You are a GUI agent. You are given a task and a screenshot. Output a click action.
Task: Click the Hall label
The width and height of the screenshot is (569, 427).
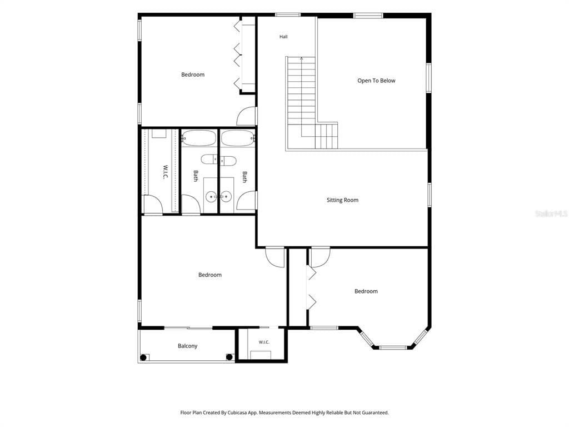[283, 37]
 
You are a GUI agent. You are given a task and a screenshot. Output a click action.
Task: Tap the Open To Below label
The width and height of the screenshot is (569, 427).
[376, 81]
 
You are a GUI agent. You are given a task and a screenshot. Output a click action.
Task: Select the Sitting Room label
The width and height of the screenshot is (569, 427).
[342, 200]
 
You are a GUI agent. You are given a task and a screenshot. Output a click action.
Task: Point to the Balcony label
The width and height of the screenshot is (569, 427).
[187, 346]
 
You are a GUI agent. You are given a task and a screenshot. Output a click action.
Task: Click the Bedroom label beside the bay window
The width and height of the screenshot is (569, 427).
[366, 291]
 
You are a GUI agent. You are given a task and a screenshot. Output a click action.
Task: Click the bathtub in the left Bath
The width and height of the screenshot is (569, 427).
[199, 138]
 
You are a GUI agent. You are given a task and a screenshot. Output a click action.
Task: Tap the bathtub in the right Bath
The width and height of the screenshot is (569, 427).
[238, 138]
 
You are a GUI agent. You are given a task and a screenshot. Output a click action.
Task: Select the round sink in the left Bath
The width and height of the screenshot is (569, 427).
[211, 197]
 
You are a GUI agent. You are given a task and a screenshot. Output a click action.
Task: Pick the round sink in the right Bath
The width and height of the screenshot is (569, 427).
[226, 197]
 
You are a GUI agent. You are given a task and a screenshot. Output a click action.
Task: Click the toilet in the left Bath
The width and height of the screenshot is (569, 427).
[209, 160]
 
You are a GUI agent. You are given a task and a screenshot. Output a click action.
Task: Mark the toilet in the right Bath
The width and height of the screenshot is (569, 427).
[228, 160]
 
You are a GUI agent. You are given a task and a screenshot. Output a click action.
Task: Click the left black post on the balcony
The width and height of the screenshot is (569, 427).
[143, 358]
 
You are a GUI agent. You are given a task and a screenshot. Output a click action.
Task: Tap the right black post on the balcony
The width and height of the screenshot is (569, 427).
[229, 358]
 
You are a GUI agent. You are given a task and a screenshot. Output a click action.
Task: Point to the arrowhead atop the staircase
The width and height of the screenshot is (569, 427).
[302, 58]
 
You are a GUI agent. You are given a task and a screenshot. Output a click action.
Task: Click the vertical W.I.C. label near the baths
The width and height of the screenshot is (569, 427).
[165, 172]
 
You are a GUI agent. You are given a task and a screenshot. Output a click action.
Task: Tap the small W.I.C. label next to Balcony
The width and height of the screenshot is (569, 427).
[264, 342]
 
